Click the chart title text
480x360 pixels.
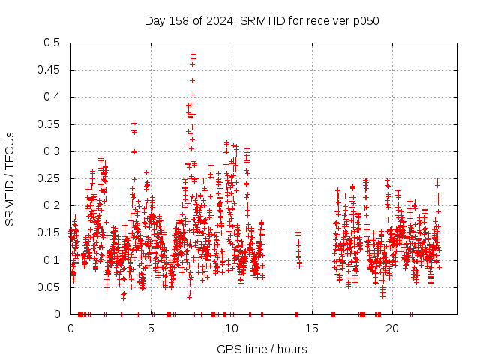tap(262, 20)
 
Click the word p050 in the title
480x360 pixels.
tap(366, 20)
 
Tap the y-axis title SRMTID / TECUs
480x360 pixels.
tap(10, 178)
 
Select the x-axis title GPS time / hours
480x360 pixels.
tap(262, 349)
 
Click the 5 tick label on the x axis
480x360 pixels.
tap(151, 328)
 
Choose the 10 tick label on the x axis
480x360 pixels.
tap(232, 328)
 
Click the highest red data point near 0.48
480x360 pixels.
tap(193, 55)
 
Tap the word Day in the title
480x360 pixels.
tap(154, 20)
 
